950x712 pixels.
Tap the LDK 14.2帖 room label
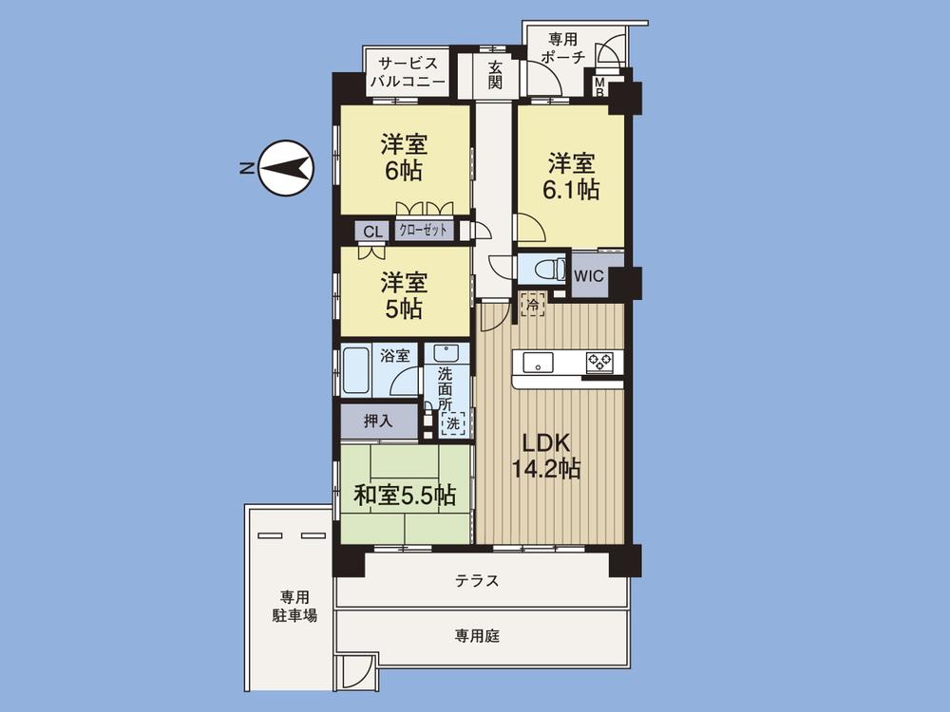543,455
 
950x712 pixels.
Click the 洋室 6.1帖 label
570,175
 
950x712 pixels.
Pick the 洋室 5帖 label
404,294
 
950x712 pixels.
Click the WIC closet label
589,273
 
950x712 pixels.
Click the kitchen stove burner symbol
599,361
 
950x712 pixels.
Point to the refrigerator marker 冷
534,305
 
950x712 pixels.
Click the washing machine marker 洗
453,422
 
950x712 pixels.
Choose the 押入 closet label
379,420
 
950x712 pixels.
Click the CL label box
372,231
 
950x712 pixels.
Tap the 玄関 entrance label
496,75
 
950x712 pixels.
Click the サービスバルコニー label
408,72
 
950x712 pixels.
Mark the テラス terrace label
478,581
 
